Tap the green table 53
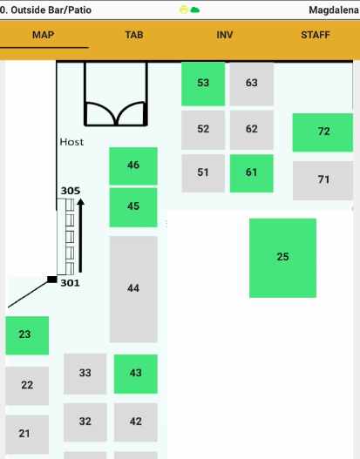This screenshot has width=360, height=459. pyautogui.click(x=203, y=84)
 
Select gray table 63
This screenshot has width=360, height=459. pyautogui.click(x=252, y=84)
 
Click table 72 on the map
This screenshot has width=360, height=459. pyautogui.click(x=323, y=132)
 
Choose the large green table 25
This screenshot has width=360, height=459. pyautogui.click(x=282, y=258)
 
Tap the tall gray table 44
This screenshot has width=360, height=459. pyautogui.click(x=133, y=289)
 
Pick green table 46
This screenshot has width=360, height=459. pyautogui.click(x=133, y=166)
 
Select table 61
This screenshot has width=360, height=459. pyautogui.click(x=252, y=173)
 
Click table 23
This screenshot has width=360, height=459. pyautogui.click(x=27, y=335)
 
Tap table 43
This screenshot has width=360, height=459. pyautogui.click(x=136, y=374)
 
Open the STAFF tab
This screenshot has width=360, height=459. pyautogui.click(x=316, y=35)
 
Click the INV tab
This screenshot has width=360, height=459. pyautogui.click(x=225, y=35)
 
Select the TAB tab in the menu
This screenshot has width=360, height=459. pyautogui.click(x=134, y=35)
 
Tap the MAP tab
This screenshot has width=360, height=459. pyautogui.click(x=43, y=35)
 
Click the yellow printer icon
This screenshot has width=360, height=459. pyautogui.click(x=184, y=10)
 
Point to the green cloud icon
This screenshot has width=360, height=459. pyautogui.click(x=195, y=10)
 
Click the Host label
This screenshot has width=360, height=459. pyautogui.click(x=71, y=142)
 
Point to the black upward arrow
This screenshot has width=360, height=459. pyautogui.click(x=80, y=236)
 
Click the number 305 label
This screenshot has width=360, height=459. pyautogui.click(x=71, y=191)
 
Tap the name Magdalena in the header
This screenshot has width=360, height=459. pyautogui.click(x=334, y=10)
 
